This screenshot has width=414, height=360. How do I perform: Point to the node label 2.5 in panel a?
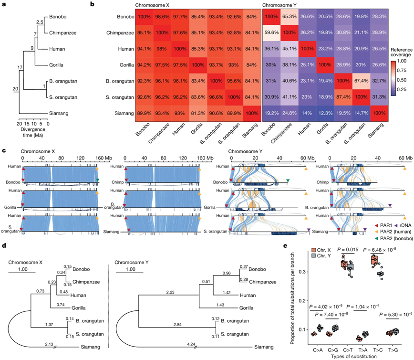click(x=40, y=22)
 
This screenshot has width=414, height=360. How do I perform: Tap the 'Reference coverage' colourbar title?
click(x=400, y=53)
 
